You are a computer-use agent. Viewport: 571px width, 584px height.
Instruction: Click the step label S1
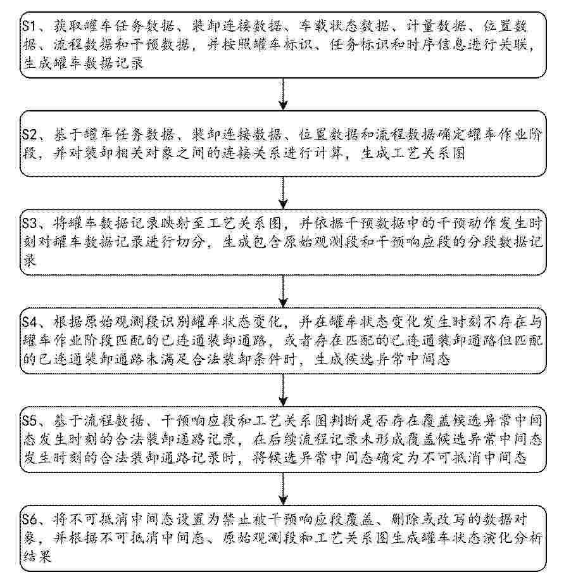[29, 27]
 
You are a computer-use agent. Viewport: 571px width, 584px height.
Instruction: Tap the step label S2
[30, 134]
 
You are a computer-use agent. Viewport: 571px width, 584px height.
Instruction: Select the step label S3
[30, 223]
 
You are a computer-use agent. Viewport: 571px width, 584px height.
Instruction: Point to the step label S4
[30, 322]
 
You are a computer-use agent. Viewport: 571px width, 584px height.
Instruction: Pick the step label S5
[30, 421]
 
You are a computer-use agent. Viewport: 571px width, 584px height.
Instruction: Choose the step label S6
[30, 519]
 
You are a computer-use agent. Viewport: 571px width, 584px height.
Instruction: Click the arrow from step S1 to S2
[283, 94]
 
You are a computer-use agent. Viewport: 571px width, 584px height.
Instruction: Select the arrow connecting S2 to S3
[283, 193]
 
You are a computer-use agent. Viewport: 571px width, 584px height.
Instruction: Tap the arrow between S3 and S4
[283, 291]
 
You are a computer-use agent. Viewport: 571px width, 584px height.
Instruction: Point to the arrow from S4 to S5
[283, 390]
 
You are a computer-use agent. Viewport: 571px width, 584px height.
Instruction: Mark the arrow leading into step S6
[283, 489]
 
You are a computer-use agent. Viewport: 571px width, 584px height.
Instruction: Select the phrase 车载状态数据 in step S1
[344, 26]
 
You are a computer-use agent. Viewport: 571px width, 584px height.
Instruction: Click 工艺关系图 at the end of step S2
[413, 153]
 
